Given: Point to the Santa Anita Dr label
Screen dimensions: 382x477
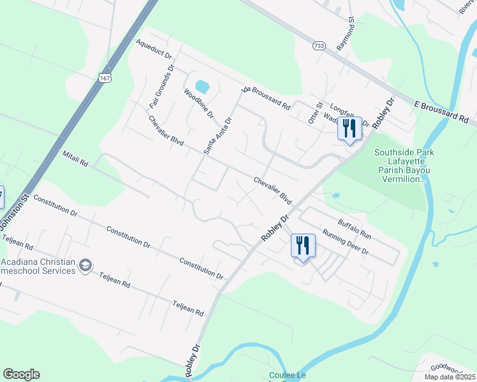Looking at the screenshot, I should pos(217,135).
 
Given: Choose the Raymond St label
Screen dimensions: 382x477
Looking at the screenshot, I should pos(350,35).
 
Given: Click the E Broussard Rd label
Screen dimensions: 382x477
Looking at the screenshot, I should pos(441,111).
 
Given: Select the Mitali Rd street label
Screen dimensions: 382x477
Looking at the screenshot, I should pos(75,158).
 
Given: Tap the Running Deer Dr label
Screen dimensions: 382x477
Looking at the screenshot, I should pos(346,241).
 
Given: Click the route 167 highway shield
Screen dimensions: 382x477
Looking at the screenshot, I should pos(106,77).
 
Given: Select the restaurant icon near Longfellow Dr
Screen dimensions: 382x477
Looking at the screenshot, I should pos(349,128).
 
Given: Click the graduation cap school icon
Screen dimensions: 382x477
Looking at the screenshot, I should pos(85,265).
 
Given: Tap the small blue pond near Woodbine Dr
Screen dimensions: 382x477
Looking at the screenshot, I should pos(202,87).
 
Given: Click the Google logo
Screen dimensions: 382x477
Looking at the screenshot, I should pos(21,374).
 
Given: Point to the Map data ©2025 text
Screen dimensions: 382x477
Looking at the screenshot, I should pos(450,377).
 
